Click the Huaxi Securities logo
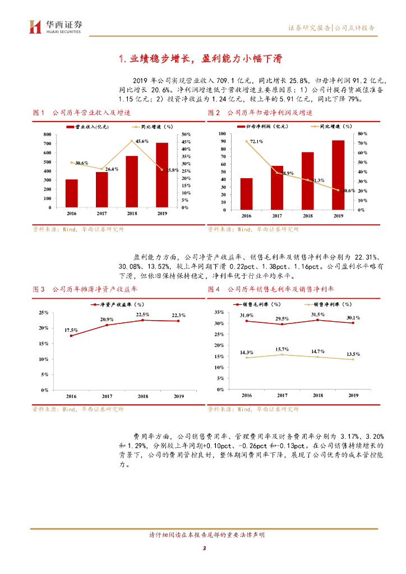[56, 26]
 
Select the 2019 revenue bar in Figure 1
[162, 175]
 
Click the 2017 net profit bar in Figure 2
[277, 188]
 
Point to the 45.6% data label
[142, 141]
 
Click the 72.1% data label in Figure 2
[256, 141]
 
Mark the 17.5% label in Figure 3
[71, 330]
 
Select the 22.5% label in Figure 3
[142, 314]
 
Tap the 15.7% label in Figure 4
[282, 349]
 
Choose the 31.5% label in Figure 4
[317, 314]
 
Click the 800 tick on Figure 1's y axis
[49, 135]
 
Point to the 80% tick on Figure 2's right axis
[362, 134]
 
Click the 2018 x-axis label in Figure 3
[142, 396]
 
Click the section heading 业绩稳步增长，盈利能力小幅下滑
[202, 59]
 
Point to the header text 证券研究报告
[309, 27]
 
